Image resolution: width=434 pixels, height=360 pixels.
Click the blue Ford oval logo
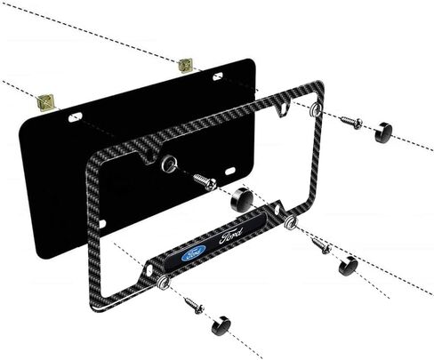(x=193, y=253)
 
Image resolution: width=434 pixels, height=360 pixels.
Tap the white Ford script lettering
(x=231, y=236)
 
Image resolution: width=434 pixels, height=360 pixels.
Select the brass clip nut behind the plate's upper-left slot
(x=45, y=102)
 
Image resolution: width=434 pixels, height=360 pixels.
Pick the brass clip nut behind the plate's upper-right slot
(x=185, y=66)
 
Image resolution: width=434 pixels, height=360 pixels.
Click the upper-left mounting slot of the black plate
(x=75, y=117)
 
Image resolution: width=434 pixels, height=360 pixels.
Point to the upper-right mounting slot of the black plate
(x=218, y=76)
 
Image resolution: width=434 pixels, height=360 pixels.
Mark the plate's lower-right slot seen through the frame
(x=230, y=172)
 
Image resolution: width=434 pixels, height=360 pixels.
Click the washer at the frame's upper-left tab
(x=170, y=164)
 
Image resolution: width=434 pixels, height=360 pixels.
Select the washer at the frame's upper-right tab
(x=315, y=109)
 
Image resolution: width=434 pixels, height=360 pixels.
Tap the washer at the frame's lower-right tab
(x=290, y=222)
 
